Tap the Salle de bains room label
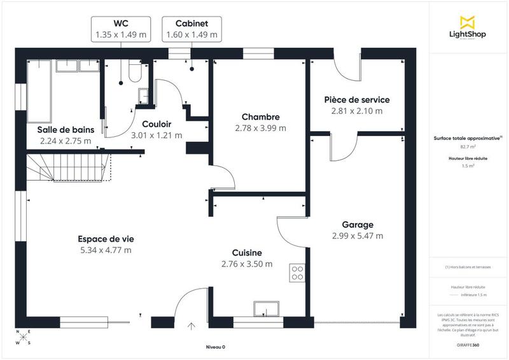pyautogui.click(x=66, y=130)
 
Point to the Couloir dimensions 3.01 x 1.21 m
pyautogui.click(x=156, y=135)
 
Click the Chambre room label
pyautogui.click(x=261, y=117)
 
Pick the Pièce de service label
pyautogui.click(x=356, y=100)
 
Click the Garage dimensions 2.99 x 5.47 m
pyautogui.click(x=357, y=236)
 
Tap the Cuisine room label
pyautogui.click(x=247, y=253)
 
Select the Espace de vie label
pyautogui.click(x=106, y=239)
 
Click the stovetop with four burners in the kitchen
pyautogui.click(x=297, y=273)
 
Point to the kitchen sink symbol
pyautogui.click(x=265, y=308)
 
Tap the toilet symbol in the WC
pyautogui.click(x=133, y=72)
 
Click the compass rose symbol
pyautogui.click(x=22, y=337)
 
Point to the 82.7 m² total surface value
pyautogui.click(x=469, y=146)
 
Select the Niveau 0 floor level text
pyautogui.click(x=215, y=347)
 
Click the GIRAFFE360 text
pyautogui.click(x=468, y=343)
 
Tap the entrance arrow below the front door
pyautogui.click(x=192, y=328)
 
